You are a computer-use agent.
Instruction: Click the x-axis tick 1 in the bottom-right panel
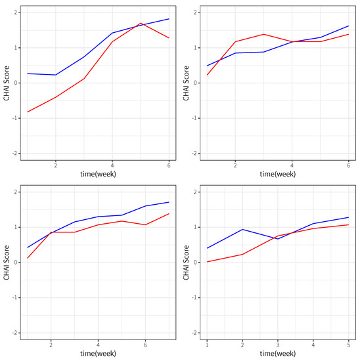tap(207, 345)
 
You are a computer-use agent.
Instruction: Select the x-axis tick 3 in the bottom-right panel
tap(278, 345)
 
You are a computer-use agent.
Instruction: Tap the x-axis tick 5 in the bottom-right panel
tap(348, 345)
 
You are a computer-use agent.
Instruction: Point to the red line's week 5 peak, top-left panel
tap(141, 23)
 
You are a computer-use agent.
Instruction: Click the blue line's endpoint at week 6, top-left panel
tap(169, 19)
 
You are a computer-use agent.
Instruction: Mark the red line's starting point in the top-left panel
tap(28, 112)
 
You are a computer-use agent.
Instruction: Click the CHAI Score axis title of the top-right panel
tap(187, 83)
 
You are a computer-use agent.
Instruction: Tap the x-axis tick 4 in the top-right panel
tap(292, 165)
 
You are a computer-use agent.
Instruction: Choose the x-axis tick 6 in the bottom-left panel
tap(145, 345)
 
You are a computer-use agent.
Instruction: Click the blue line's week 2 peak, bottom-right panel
tap(242, 229)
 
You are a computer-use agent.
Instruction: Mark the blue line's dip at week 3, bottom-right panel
tap(278, 239)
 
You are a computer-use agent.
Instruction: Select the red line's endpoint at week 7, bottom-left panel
tap(169, 214)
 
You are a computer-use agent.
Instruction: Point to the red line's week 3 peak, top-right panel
tap(263, 34)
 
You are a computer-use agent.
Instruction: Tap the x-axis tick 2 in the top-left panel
tap(56, 165)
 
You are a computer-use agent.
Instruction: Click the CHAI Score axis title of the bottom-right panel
tap(187, 263)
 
